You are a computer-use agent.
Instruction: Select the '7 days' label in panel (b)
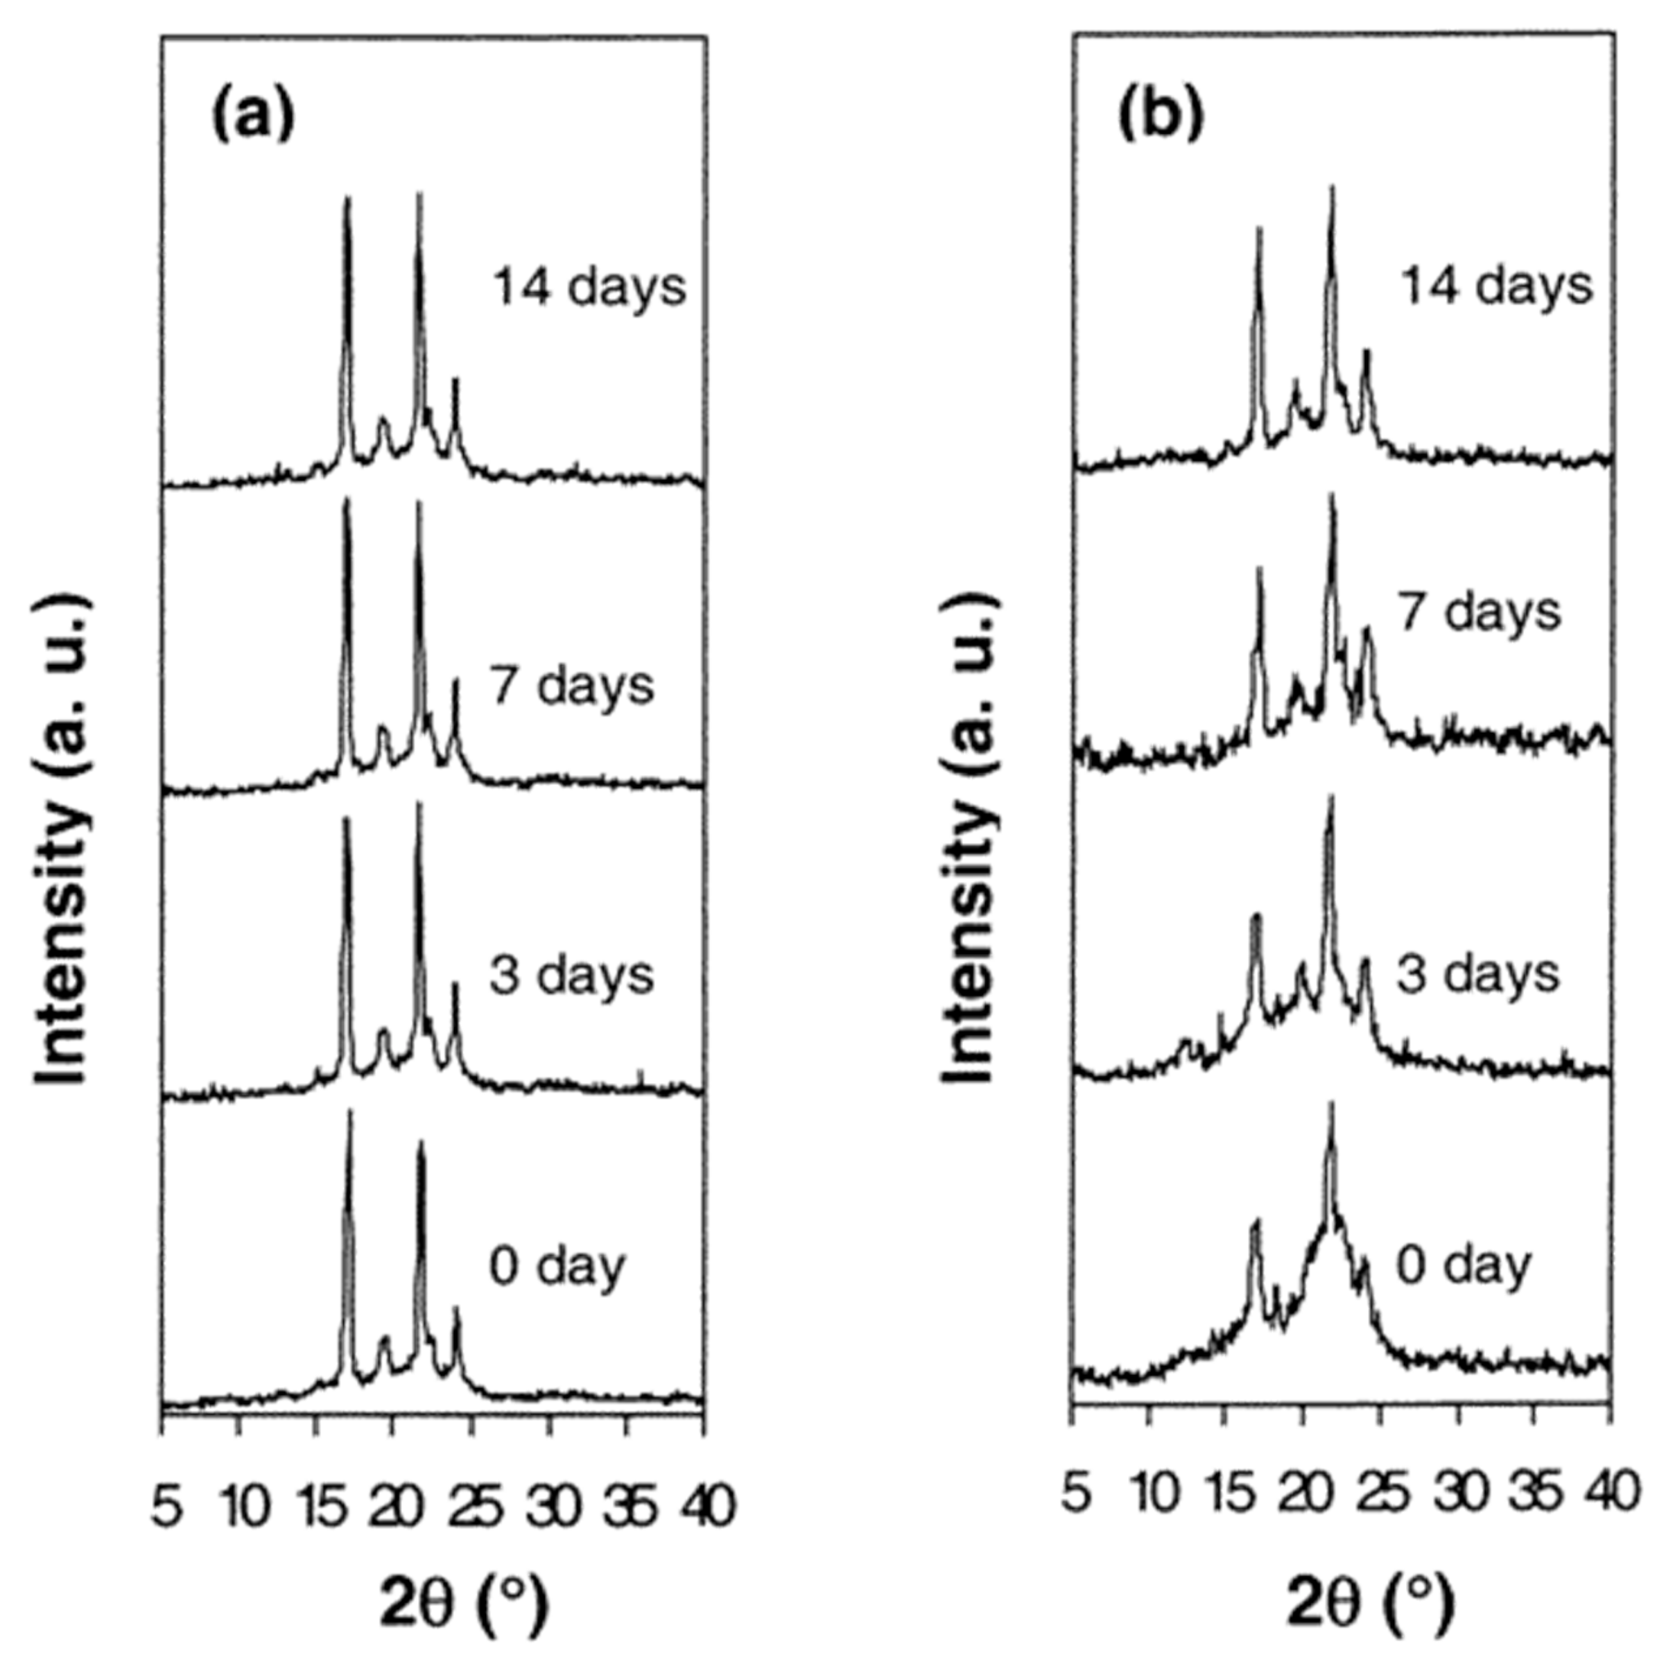click(1479, 612)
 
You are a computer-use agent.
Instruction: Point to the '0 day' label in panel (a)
click(557, 1267)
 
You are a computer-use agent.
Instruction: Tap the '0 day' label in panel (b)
click(1464, 1267)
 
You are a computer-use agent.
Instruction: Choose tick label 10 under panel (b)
click(1153, 1494)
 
